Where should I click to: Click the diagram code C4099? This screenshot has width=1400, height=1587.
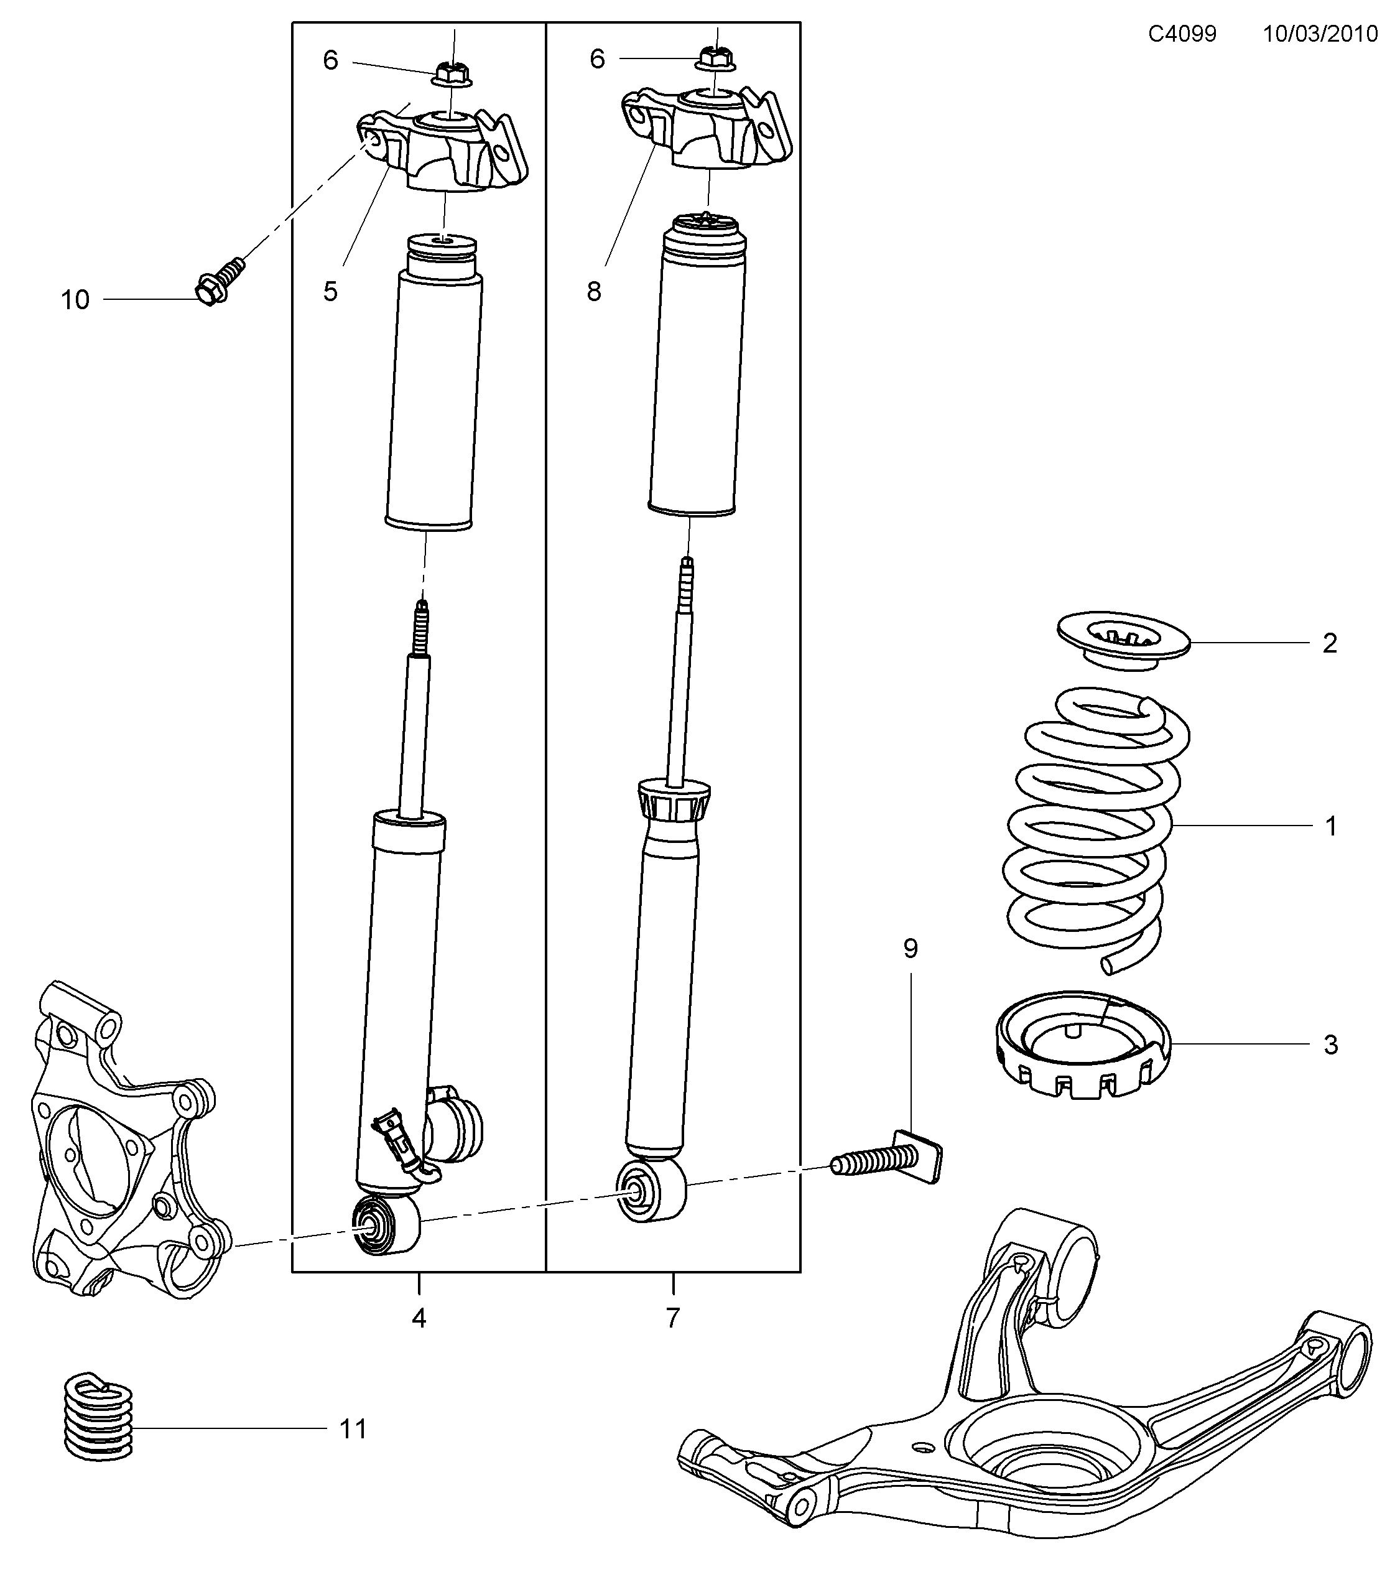[1182, 34]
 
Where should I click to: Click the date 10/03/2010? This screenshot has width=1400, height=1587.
[1320, 34]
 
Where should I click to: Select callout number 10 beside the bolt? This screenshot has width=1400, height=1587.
[75, 300]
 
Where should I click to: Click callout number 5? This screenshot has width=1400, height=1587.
[331, 292]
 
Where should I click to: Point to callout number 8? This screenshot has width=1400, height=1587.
[594, 292]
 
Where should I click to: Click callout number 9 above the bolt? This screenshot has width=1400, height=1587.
[911, 949]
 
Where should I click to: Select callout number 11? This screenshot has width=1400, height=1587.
[353, 1428]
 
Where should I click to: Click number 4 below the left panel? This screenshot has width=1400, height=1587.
[419, 1318]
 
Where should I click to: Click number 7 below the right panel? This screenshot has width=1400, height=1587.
[673, 1318]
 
